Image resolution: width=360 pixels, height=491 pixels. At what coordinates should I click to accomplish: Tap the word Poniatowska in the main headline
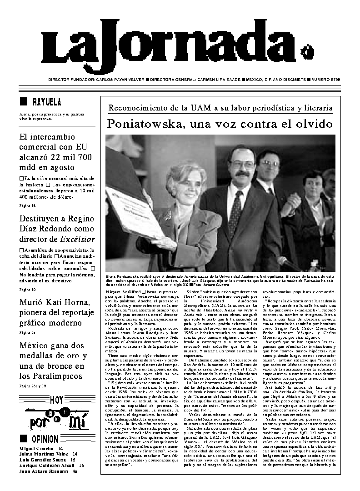coord(145,124)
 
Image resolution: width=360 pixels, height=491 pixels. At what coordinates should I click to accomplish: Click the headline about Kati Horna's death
coord(55,313)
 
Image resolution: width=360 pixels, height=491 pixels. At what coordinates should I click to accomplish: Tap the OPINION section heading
coord(45,439)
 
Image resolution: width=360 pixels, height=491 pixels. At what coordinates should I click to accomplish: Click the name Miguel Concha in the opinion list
coord(34,448)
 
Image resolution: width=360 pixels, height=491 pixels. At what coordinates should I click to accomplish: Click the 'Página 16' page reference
coord(27,206)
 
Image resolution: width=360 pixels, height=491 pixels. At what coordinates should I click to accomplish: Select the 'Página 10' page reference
coord(27,289)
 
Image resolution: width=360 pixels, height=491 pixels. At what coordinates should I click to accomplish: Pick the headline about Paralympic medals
coord(52,361)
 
